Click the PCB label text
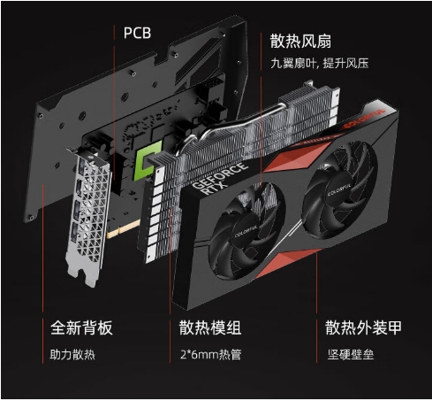point(137,33)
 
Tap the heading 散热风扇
point(300,41)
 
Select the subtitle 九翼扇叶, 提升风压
point(320,63)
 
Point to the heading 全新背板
point(81,328)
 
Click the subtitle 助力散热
point(72,354)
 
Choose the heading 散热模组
point(210,328)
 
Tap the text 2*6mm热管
point(210,354)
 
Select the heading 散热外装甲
point(363,328)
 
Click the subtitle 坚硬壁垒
point(351,354)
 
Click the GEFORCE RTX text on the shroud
point(218,180)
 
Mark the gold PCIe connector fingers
point(124,228)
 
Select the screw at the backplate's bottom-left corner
point(31,218)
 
